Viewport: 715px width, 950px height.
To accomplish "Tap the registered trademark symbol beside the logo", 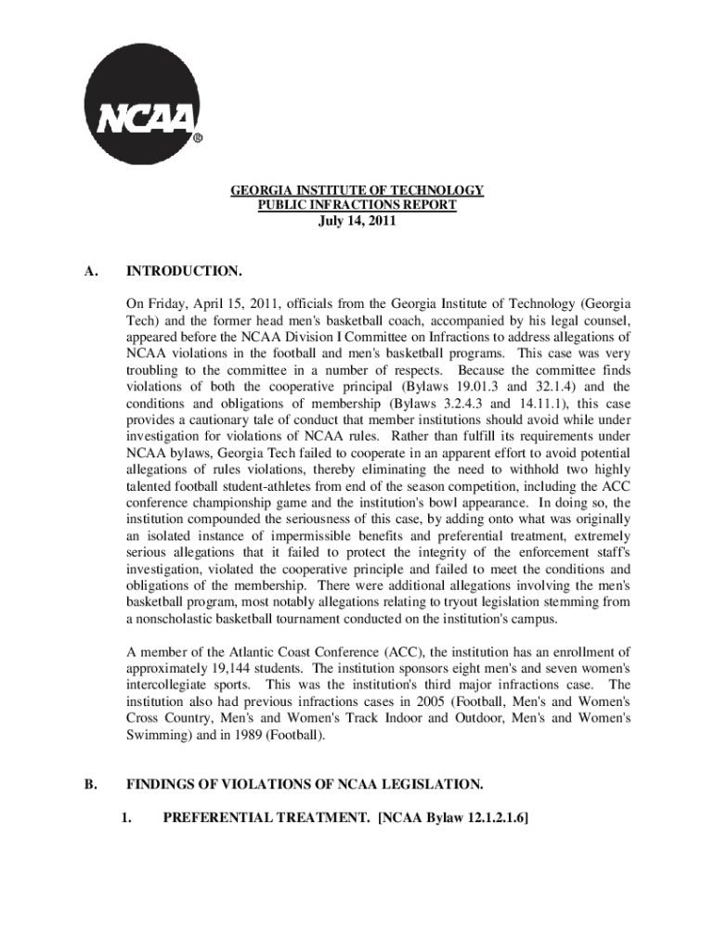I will pos(198,139).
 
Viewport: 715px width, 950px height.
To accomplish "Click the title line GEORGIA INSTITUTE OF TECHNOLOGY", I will pos(357,190).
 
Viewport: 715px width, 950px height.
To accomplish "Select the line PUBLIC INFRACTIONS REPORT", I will pos(357,205).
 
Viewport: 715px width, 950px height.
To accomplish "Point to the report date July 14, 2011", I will pos(357,221).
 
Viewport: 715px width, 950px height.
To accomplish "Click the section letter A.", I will pos(89,271).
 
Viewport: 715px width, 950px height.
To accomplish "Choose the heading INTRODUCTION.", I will pos(184,271).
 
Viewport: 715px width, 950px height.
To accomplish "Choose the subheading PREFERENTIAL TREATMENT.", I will pos(265,818).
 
